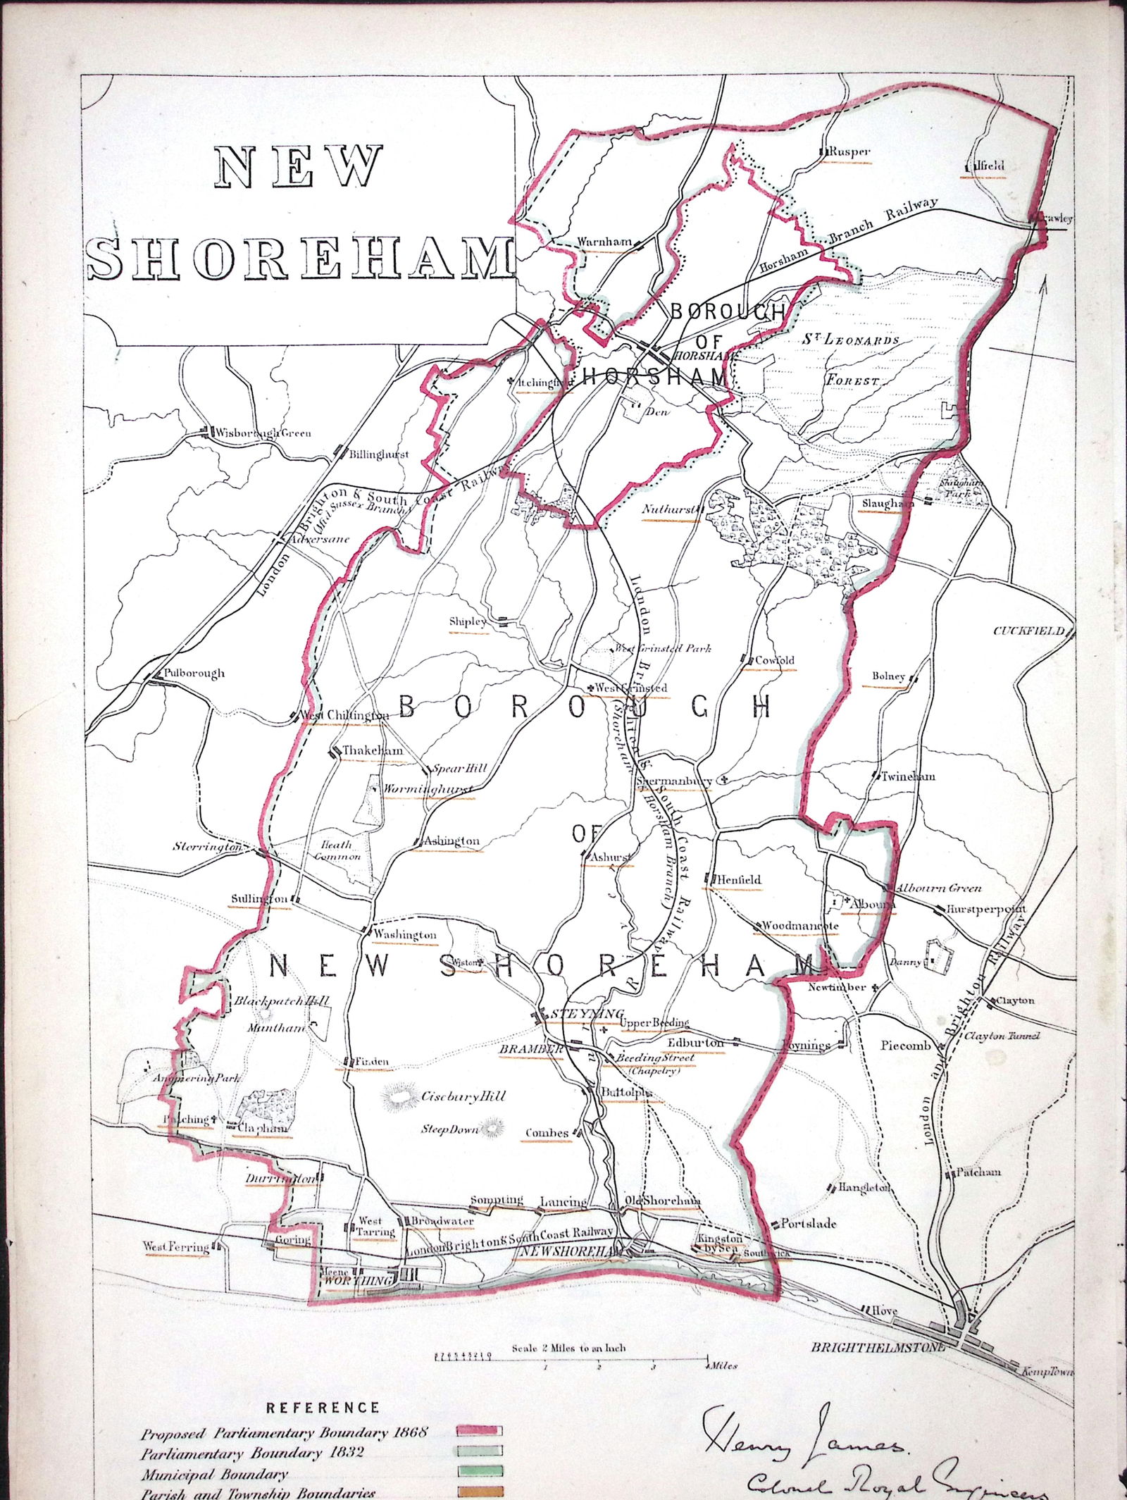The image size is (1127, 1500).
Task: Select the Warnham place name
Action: (x=604, y=242)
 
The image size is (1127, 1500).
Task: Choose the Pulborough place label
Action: (x=194, y=673)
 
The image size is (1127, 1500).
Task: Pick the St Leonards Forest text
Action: (x=850, y=359)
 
